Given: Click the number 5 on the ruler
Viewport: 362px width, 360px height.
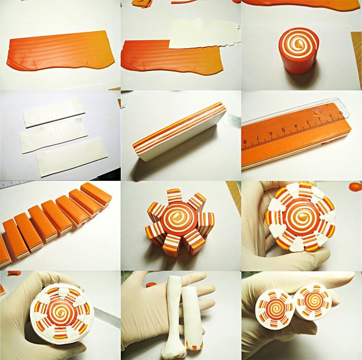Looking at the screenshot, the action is pyautogui.click(x=283, y=129).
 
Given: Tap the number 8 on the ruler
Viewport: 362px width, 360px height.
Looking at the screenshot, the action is pyautogui.click(x=245, y=141).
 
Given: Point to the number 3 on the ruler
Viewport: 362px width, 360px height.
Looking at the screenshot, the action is pyautogui.click(x=308, y=122).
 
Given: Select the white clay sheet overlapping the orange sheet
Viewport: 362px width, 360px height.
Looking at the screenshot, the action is pyautogui.click(x=203, y=34).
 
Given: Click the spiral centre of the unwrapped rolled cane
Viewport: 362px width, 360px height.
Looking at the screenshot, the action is pyautogui.click(x=299, y=43).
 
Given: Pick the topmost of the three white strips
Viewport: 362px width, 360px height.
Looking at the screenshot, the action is pyautogui.click(x=54, y=113).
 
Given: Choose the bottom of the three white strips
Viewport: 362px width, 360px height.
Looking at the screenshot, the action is pyautogui.click(x=72, y=157).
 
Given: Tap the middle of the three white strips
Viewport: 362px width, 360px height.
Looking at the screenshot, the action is pyautogui.click(x=54, y=136).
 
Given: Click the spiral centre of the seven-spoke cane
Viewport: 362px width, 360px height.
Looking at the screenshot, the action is pyautogui.click(x=179, y=215).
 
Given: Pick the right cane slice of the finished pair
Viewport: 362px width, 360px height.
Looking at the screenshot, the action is pyautogui.click(x=313, y=302).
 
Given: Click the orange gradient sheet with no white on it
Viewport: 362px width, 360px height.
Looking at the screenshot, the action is pyautogui.click(x=60, y=50).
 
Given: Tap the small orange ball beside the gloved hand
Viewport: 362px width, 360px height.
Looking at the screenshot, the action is pyautogui.click(x=356, y=186).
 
